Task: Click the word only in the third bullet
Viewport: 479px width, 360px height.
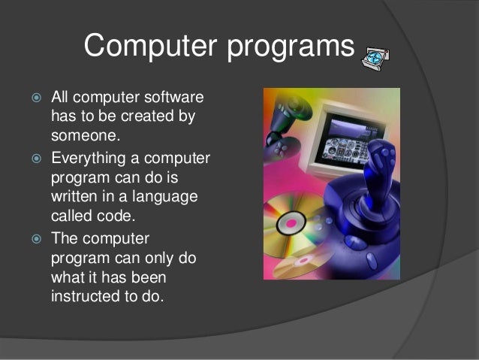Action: click(160, 257)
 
